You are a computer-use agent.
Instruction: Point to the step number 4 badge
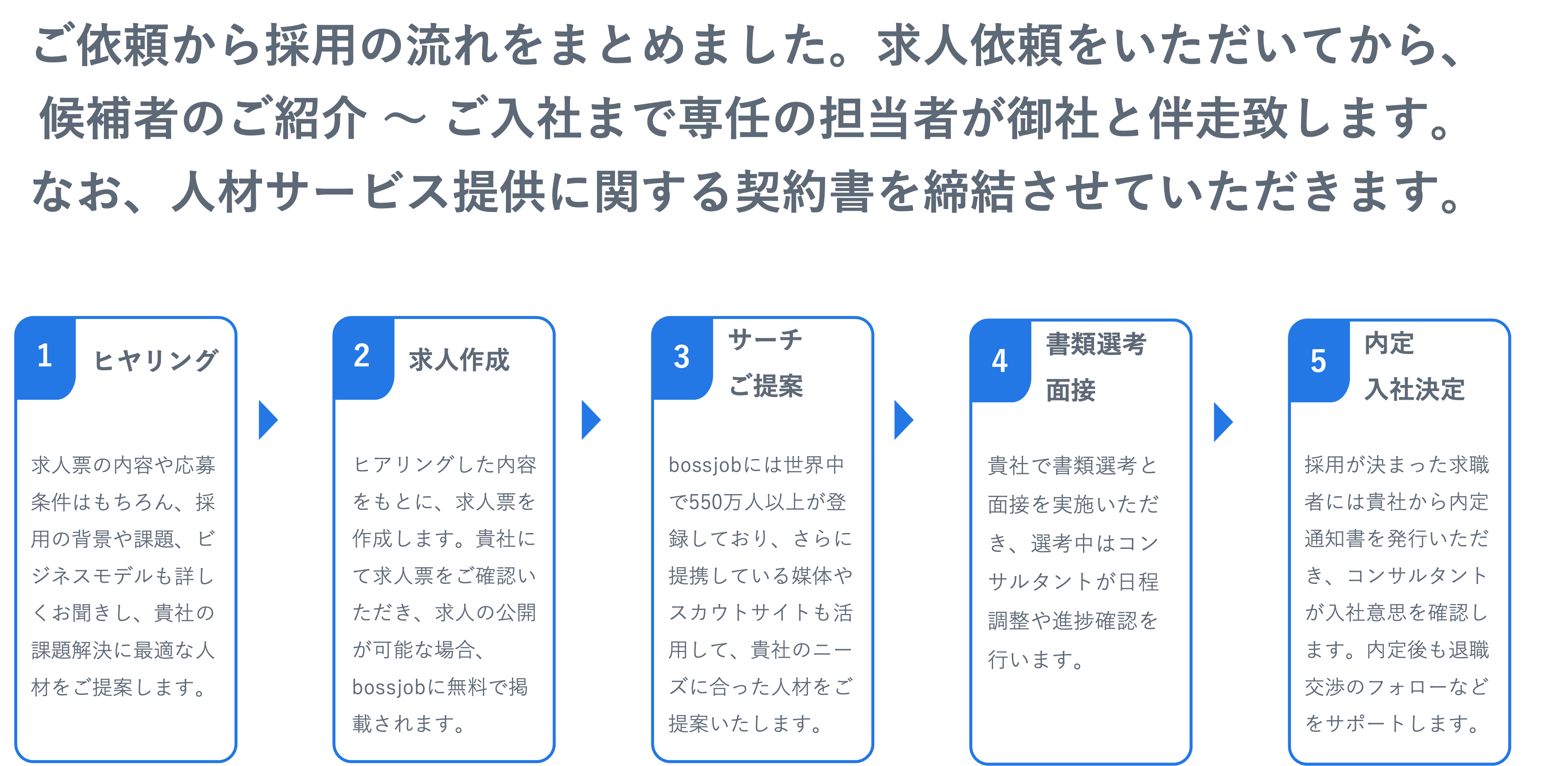pos(1000,361)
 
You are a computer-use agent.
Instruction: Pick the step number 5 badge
pos(1318,361)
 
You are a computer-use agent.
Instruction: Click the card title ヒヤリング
pos(155,360)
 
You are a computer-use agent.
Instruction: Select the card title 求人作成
pos(459,360)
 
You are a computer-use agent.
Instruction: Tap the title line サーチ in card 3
pos(765,339)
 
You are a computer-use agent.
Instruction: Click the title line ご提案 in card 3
pos(766,386)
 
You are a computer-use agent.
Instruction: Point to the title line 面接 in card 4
pos(1071,390)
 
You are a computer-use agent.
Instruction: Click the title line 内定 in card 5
pos(1389,344)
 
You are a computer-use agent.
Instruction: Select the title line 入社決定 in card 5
pos(1414,389)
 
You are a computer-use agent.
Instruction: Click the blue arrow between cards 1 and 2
pos(267,420)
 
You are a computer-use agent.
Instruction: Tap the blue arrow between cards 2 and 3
pos(590,420)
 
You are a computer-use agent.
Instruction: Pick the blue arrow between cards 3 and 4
pos(903,420)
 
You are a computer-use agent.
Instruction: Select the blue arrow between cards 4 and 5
pos(1222,421)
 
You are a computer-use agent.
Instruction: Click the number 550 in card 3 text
pos(707,502)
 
